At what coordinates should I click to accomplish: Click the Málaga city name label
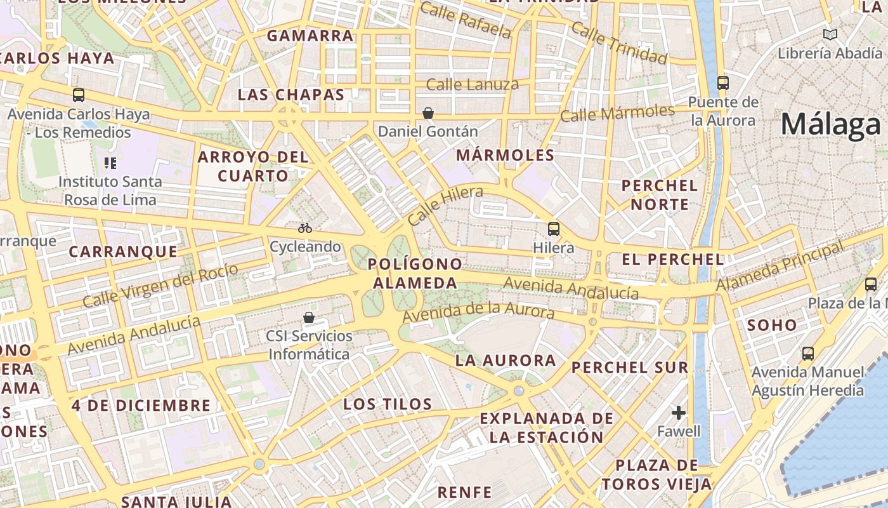click(x=831, y=124)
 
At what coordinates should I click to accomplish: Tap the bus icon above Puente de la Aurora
click(x=722, y=83)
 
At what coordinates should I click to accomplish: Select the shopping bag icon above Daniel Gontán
click(x=428, y=113)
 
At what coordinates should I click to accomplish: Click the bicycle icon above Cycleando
click(x=305, y=227)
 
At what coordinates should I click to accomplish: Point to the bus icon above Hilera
click(x=554, y=229)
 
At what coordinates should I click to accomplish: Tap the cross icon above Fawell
click(x=679, y=413)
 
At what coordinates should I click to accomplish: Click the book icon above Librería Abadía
click(x=830, y=34)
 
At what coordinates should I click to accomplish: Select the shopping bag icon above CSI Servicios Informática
click(x=309, y=317)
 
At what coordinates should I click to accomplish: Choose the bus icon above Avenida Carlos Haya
click(x=79, y=95)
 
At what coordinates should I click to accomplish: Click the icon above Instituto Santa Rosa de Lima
click(x=110, y=163)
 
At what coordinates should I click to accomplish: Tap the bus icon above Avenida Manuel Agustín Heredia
click(x=807, y=353)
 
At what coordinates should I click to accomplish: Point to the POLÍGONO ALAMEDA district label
click(x=415, y=273)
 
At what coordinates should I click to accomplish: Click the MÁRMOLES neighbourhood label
click(x=506, y=155)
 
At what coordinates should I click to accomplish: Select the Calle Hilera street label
click(x=445, y=205)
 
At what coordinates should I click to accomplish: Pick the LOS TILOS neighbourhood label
click(x=388, y=404)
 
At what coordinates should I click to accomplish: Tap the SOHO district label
click(x=772, y=326)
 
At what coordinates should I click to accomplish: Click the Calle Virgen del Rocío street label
click(x=160, y=286)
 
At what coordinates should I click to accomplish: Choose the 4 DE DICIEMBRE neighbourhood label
click(x=141, y=405)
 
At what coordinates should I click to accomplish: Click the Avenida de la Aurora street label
click(x=478, y=312)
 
